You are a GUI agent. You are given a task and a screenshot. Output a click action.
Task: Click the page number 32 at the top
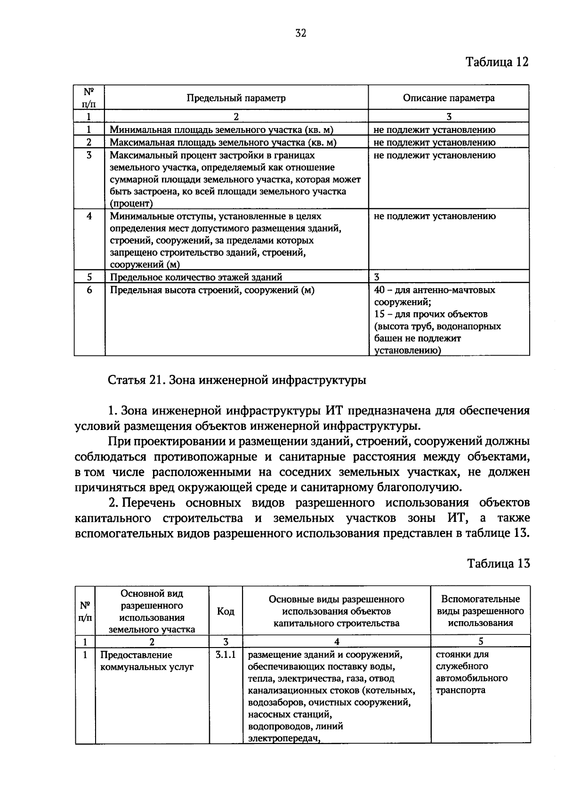click(301, 33)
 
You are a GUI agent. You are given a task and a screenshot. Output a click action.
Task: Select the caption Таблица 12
click(497, 62)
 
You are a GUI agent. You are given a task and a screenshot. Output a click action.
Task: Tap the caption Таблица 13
click(498, 564)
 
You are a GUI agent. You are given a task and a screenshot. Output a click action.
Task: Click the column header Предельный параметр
click(236, 98)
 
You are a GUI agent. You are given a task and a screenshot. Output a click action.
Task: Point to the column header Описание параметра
click(448, 98)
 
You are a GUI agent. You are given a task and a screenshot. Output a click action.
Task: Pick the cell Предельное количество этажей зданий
click(196, 277)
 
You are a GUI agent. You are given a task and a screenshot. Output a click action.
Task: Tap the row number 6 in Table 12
click(89, 290)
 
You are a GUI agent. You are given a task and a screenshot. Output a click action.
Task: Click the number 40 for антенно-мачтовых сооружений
click(379, 290)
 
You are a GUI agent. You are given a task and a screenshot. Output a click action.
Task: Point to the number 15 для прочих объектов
click(379, 314)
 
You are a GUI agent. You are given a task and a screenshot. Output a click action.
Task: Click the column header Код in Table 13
click(226, 611)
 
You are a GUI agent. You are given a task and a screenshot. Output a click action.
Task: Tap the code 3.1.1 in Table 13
click(226, 655)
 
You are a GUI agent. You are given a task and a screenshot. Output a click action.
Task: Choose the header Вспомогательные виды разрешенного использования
click(480, 611)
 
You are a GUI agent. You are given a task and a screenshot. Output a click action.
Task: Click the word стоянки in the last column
click(455, 654)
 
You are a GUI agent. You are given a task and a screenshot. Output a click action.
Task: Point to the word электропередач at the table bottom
click(281, 738)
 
